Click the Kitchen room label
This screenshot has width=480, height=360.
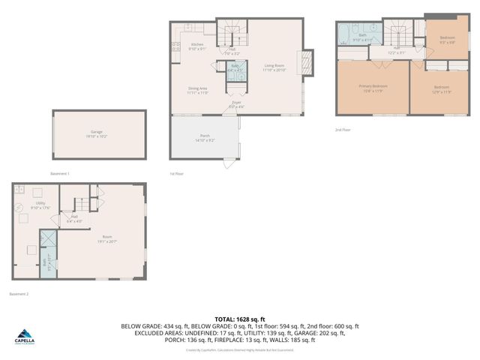(196, 46)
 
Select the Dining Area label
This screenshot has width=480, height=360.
(197, 90)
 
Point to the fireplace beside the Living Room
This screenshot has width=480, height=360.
(306, 62)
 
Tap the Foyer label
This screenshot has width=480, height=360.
(236, 104)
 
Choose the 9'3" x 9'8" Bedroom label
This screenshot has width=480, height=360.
(447, 40)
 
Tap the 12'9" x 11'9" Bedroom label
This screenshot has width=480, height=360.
(441, 89)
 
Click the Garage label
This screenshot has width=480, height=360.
(97, 133)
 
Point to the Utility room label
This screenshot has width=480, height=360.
(39, 205)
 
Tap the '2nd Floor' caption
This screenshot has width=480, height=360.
(343, 130)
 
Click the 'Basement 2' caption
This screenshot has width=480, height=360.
(19, 294)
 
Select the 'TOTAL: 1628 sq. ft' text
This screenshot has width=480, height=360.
(240, 319)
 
